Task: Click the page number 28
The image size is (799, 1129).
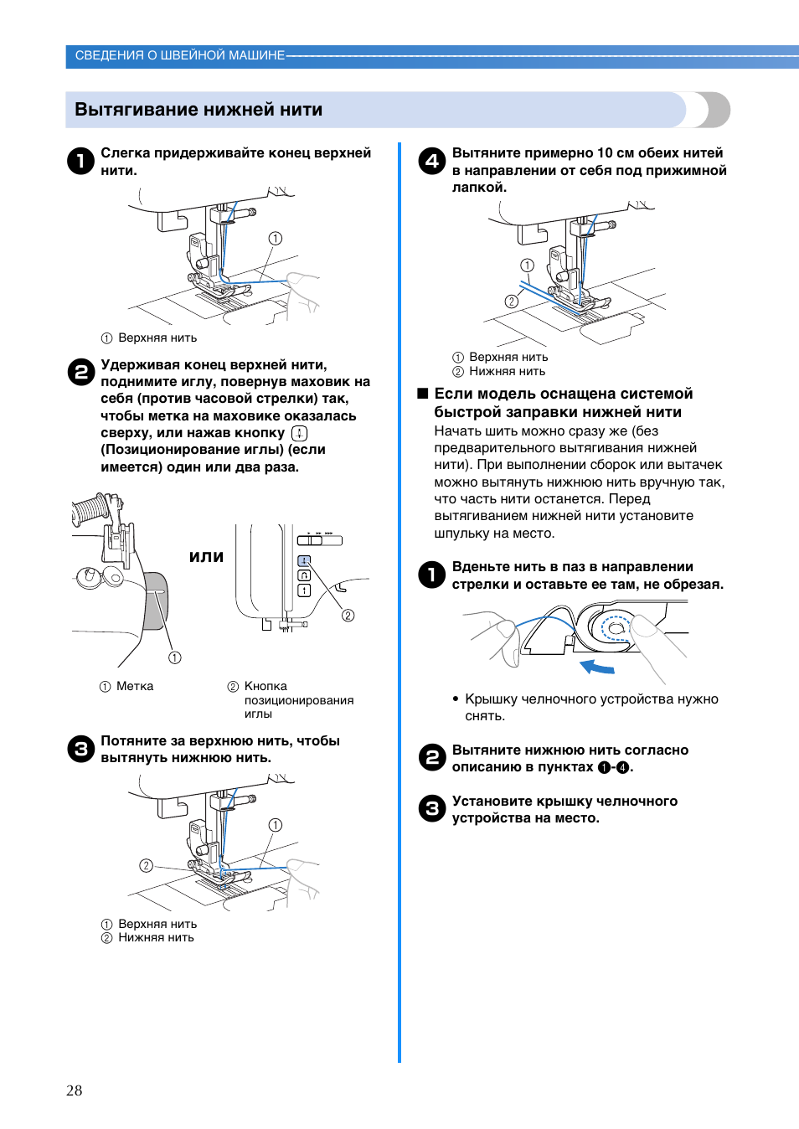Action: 75,1090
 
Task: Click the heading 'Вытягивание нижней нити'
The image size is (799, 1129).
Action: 198,110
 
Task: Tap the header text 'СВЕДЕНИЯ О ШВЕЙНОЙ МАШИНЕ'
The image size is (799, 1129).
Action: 180,55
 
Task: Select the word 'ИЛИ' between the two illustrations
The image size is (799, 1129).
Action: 206,557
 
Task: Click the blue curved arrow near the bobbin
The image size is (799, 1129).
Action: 598,667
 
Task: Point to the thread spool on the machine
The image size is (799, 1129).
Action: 90,510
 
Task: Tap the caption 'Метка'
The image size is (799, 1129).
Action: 135,686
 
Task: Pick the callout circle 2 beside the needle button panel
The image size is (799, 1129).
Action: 348,616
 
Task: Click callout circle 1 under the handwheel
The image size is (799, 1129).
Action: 174,657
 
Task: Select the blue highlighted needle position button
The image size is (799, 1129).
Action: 304,560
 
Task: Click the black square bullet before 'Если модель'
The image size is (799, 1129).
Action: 423,394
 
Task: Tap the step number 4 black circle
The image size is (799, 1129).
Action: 432,160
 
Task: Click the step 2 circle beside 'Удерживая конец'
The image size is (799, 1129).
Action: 80,372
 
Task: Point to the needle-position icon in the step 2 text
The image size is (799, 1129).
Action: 299,433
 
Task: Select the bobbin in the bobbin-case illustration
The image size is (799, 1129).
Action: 616,628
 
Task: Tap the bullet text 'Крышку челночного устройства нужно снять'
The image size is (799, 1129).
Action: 591,707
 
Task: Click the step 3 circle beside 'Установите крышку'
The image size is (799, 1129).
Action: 432,808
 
